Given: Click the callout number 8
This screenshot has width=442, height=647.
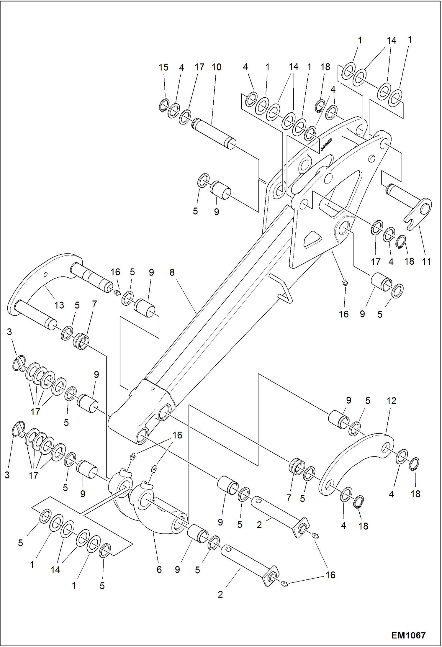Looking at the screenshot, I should [172, 272].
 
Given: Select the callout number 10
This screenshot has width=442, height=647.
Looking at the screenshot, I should [216, 67].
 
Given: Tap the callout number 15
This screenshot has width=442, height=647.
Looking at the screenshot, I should [163, 67].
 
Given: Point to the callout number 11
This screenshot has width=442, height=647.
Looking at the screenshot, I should [426, 261].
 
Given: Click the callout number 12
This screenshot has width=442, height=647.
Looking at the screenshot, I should [391, 401].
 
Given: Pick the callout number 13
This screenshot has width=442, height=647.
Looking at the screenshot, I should [59, 305].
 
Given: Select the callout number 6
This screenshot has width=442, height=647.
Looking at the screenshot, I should [159, 569].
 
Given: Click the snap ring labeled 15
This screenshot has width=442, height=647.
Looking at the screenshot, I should [163, 106].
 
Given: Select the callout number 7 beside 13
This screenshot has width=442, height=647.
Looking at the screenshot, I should [94, 304].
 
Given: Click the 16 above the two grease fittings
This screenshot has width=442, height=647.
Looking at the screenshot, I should [177, 435].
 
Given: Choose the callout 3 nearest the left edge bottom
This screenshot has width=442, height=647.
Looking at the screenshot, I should [7, 475].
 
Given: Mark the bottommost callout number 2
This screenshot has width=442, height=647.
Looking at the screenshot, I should [220, 594].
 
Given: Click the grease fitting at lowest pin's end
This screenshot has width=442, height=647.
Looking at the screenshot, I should [284, 584].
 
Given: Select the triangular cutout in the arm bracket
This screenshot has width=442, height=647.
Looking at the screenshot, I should [312, 238].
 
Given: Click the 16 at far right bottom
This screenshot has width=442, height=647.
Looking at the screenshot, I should [330, 575].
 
